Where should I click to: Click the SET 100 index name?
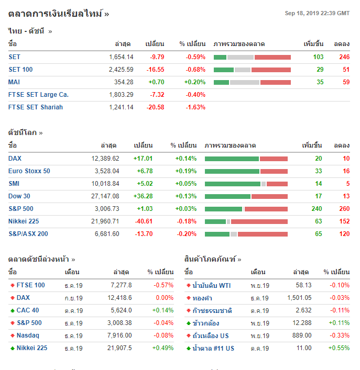pyautogui.click(x=20, y=70)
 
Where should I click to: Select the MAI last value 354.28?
pyautogui.click(x=124, y=82)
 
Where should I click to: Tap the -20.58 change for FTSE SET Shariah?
pyautogui.click(x=156, y=107)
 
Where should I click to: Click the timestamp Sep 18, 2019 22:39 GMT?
pyautogui.click(x=317, y=13)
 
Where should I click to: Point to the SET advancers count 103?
pyautogui.click(x=318, y=57)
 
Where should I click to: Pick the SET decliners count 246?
pyautogui.click(x=344, y=57)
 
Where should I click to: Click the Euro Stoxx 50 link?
pyautogui.click(x=29, y=171)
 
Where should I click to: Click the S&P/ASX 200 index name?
pyautogui.click(x=28, y=234)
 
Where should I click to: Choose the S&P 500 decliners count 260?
pyautogui.click(x=344, y=209)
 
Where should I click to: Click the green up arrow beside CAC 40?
pyautogui.click(x=12, y=310)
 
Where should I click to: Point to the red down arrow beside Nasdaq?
pyautogui.click(x=12, y=335)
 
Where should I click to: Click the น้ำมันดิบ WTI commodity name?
pyautogui.click(x=212, y=285)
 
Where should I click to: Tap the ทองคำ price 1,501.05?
pyautogui.click(x=299, y=298)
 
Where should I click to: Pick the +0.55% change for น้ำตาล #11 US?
pyautogui.click(x=339, y=348)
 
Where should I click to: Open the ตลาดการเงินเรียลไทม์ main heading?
pyautogui.click(x=58, y=14)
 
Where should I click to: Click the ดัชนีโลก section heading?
pyautogui.click(x=23, y=132)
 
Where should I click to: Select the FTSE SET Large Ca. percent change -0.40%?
pyautogui.click(x=195, y=95)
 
